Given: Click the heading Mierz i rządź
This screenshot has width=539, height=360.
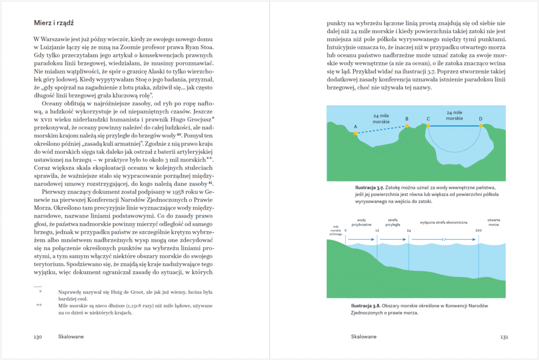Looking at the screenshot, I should pyautogui.click(x=53, y=23).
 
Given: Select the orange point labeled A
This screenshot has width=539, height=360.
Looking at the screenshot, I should pyautogui.click(x=356, y=134).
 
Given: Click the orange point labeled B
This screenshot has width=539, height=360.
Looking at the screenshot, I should pyautogui.click(x=407, y=126).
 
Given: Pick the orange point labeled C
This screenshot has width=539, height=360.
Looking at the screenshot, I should pyautogui.click(x=428, y=126).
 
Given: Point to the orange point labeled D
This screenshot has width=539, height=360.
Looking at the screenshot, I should pyautogui.click(x=481, y=126).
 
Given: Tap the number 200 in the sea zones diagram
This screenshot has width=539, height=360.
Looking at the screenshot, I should pyautogui.click(x=478, y=231).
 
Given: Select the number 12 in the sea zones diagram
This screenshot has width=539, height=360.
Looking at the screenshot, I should pyautogui.click(x=377, y=231).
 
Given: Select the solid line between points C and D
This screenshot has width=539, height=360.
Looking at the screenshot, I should pyautogui.click(x=454, y=126).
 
